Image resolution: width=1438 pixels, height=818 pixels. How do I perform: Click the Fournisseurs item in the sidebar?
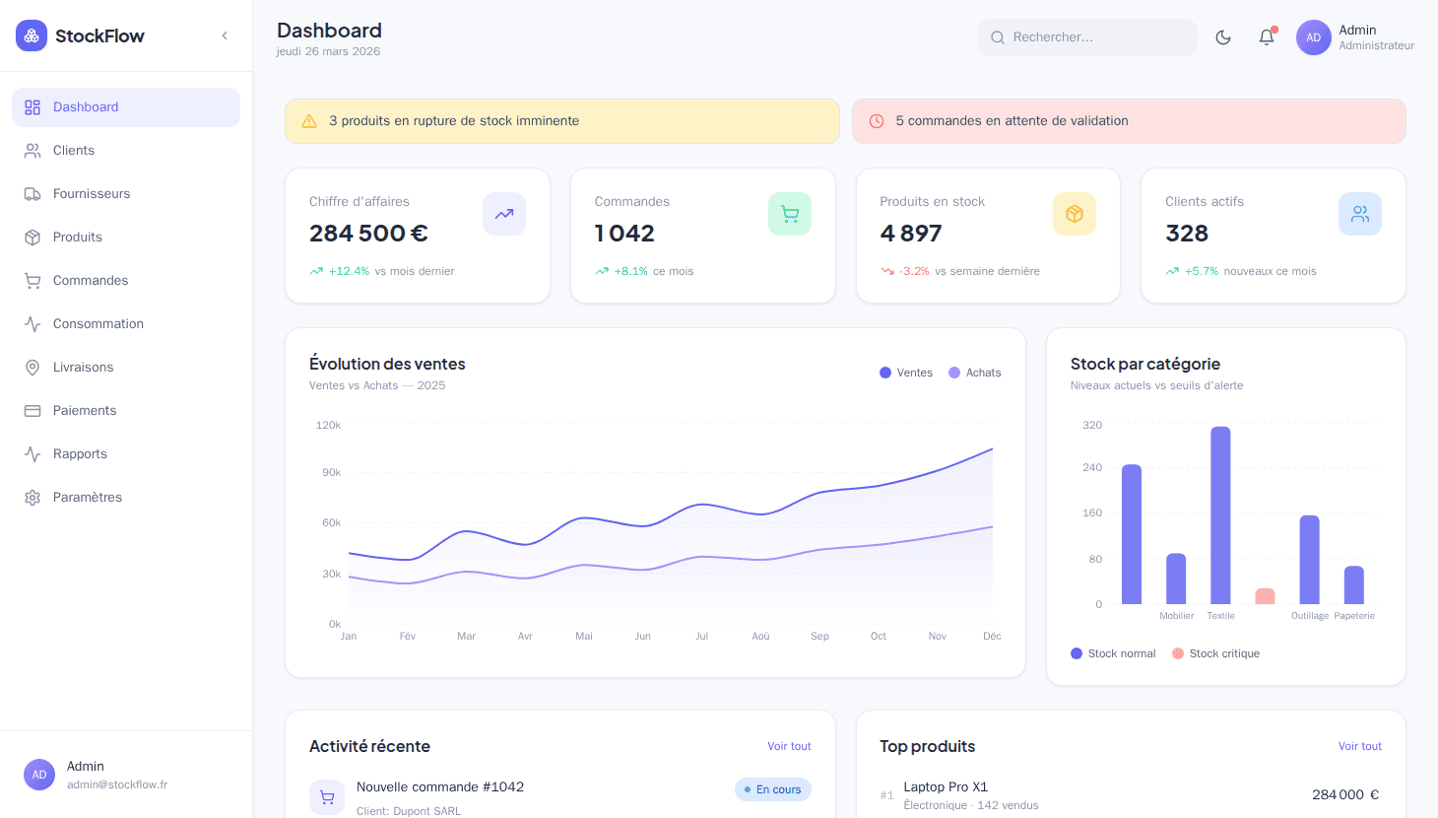point(91,194)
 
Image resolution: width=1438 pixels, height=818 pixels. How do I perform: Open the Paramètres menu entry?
point(87,498)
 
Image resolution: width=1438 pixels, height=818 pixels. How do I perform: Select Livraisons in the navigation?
point(83,368)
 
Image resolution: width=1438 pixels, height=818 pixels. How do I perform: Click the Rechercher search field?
point(1087,37)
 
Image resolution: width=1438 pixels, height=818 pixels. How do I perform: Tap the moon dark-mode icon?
point(1223,37)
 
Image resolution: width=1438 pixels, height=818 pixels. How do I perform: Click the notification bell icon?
point(1267,37)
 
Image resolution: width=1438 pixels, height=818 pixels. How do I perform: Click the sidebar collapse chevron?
point(225,35)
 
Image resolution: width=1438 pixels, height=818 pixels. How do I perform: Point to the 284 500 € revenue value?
point(368,234)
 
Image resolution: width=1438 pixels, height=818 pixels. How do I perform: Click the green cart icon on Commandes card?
point(790,214)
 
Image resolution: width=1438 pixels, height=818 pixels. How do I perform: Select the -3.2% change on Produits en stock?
point(914,271)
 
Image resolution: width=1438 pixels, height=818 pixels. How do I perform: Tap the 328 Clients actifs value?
point(1187,234)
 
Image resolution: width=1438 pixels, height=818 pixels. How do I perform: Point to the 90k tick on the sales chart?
point(331,473)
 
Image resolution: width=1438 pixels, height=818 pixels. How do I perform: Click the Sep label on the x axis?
point(819,637)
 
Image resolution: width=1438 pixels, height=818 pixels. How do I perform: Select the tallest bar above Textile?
point(1220,514)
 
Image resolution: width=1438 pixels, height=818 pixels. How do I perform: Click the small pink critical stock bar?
point(1265,596)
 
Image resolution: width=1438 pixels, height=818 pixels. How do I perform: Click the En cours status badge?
point(773,789)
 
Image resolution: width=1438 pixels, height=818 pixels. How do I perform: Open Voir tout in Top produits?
point(1359,746)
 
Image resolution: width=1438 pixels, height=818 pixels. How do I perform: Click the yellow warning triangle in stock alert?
point(309,121)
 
